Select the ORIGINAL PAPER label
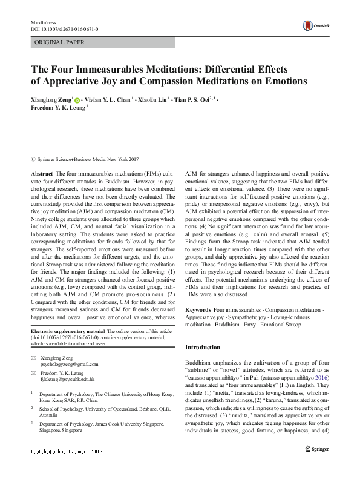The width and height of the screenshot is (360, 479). coord(59,42)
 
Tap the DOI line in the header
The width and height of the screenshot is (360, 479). coord(64,28)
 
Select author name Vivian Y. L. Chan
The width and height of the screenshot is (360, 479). coord(108,99)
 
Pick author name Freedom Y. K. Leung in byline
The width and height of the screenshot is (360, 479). coord(57,109)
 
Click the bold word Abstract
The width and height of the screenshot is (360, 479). coord(41,173)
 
